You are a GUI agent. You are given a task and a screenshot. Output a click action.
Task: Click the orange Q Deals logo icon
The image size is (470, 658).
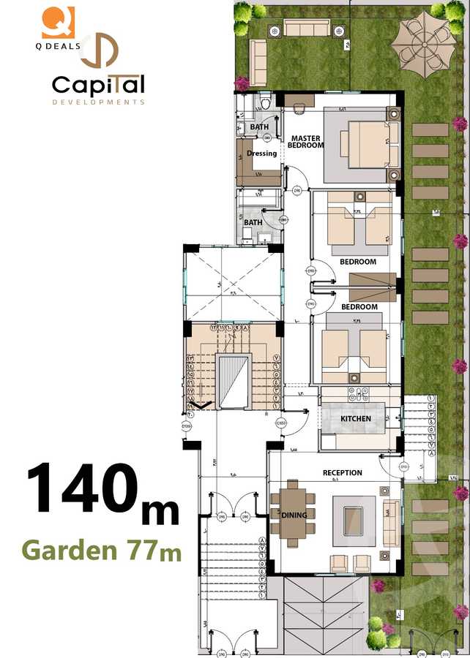tap(58, 22)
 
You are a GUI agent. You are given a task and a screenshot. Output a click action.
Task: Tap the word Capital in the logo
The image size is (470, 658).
tap(98, 86)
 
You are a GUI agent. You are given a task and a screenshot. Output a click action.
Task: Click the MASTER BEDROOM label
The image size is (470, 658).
tap(305, 141)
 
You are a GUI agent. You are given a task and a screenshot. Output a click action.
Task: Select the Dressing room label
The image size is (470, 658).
tap(261, 154)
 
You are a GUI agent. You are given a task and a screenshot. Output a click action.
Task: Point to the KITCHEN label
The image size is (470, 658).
tap(356, 418)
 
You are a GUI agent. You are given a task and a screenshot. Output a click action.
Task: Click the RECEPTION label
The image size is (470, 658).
tap(343, 473)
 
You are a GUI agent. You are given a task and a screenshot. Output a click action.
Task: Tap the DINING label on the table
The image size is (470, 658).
tap(294, 515)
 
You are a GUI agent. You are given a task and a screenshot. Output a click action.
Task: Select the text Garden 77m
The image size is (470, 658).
tap(102, 549)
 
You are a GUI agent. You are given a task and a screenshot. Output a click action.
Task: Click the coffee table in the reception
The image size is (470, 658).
tap(355, 521)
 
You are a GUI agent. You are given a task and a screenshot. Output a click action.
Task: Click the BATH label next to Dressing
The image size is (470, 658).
tap(259, 127)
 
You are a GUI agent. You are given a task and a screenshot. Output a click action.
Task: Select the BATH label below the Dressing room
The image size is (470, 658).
tap(253, 222)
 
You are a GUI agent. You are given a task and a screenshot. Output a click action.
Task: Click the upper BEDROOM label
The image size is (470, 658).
tap(358, 262)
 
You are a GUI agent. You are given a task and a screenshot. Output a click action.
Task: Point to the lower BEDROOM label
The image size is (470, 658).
tap(359, 307)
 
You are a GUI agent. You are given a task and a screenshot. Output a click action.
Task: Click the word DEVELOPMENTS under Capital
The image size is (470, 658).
tap(98, 102)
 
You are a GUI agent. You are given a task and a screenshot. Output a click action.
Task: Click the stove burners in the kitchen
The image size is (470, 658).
tap(360, 394)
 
